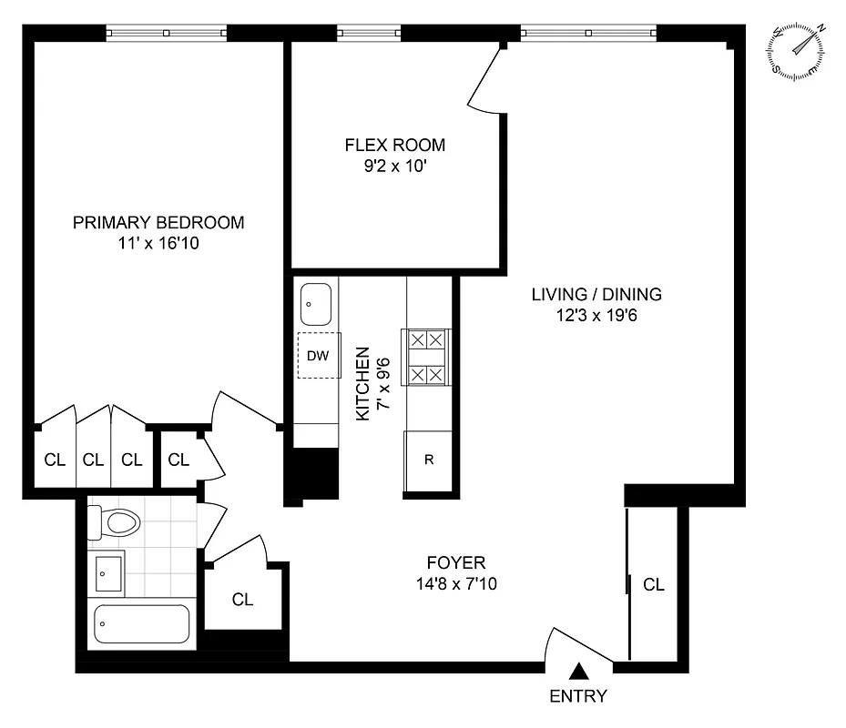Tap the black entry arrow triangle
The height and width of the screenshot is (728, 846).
coord(578,672)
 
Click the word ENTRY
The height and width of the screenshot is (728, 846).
coord(578,697)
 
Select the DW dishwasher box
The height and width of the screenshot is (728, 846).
coord(317,356)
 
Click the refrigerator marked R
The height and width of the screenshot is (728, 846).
coord(428,460)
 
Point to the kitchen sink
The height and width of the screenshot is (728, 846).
coord(316,303)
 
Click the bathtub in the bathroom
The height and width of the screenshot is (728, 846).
coord(141,626)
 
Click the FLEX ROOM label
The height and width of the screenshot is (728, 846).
coord(394,145)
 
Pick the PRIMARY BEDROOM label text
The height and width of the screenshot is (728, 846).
coord(158,223)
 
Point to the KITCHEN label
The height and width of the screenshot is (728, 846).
coord(362,382)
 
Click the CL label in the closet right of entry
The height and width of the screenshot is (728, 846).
coord(654,585)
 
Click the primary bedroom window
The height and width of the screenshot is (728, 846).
coord(167,34)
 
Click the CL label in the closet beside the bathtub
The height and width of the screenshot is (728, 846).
coord(242,600)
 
